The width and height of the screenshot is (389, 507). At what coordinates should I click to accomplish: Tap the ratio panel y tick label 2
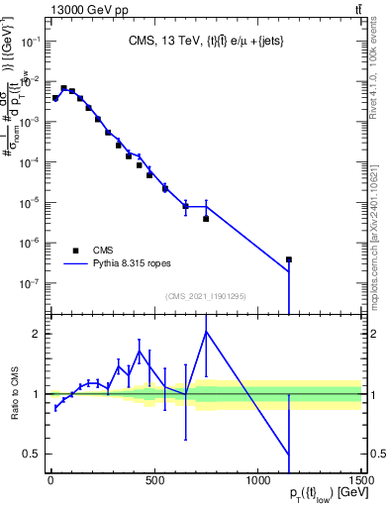tap(35, 334)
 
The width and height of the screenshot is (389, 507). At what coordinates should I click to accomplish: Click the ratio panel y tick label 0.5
tap(30, 455)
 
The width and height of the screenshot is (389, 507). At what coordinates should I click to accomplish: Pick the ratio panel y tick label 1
tap(35, 394)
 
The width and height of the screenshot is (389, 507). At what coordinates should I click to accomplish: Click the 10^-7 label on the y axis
tap(28, 283)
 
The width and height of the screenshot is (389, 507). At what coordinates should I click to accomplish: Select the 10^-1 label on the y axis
tap(28, 42)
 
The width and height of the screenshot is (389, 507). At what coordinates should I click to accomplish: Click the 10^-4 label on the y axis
tap(28, 162)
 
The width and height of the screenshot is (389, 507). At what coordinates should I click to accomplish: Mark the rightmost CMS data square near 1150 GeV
tap(289, 259)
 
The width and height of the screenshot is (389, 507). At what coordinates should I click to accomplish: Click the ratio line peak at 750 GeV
tap(206, 332)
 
